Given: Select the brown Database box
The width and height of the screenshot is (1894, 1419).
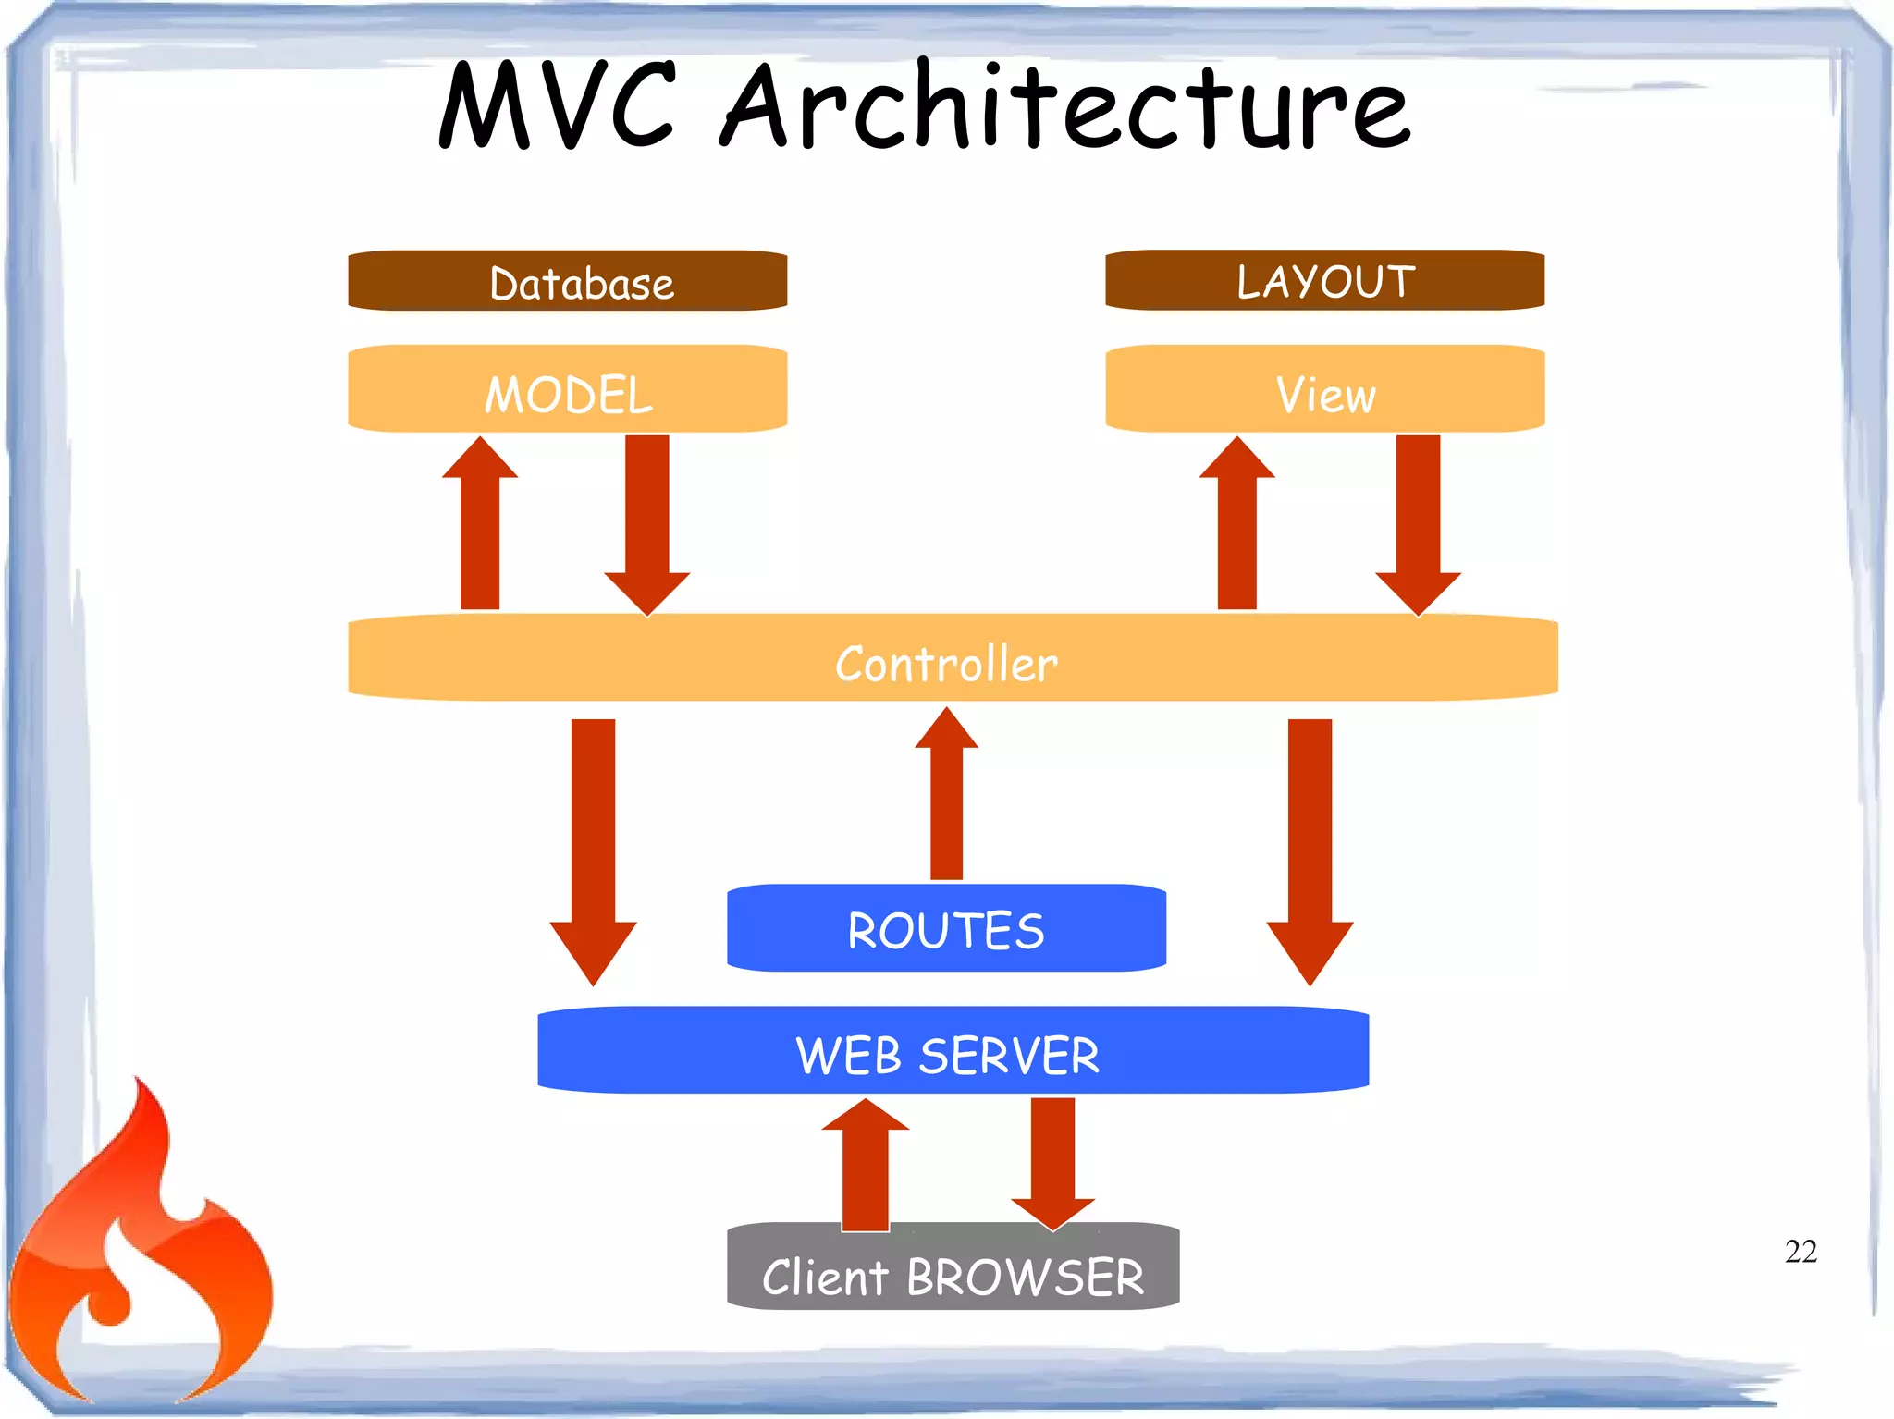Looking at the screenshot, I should (x=567, y=281).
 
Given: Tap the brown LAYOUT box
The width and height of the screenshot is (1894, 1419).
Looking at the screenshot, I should (x=1324, y=281).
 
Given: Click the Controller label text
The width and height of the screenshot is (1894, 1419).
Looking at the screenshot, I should (x=945, y=664).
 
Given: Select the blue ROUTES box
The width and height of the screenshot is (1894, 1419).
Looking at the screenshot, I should (x=946, y=928).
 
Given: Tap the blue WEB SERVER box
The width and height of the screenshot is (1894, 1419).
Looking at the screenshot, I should (x=952, y=1052).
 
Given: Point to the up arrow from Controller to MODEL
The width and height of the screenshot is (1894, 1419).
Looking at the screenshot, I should (x=480, y=527).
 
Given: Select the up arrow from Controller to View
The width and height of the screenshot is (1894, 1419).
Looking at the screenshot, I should (x=1236, y=527).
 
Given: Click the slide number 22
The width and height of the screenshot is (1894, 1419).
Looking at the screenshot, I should (x=1800, y=1251).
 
